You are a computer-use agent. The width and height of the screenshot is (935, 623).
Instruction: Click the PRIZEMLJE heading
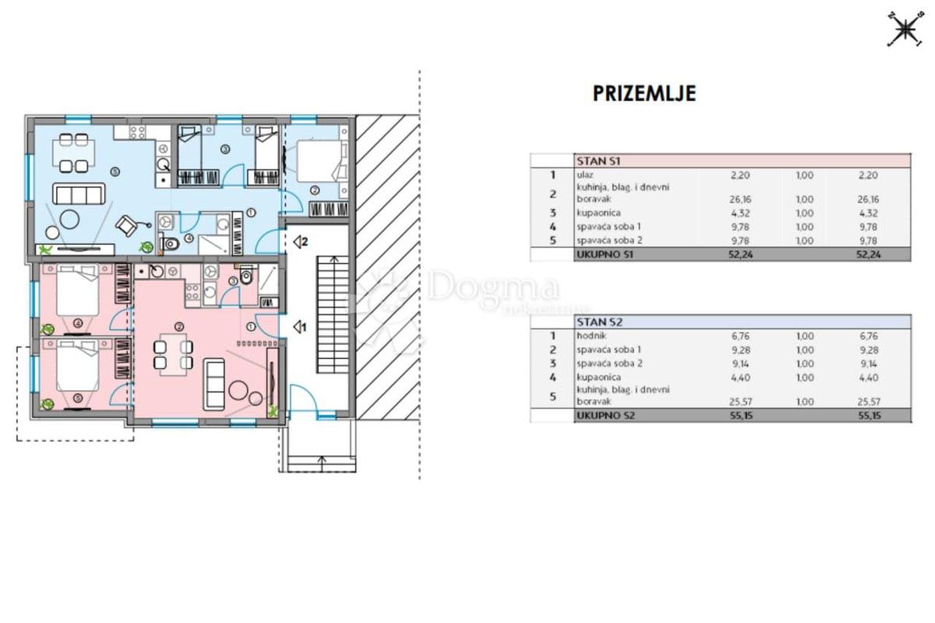point(644,94)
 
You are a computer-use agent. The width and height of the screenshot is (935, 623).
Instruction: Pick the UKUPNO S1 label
point(605,254)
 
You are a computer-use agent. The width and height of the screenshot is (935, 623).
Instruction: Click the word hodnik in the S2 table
point(591,335)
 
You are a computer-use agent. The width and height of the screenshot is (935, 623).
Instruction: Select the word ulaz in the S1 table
point(585,175)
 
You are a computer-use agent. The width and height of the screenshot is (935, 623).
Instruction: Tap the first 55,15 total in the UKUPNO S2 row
point(741,416)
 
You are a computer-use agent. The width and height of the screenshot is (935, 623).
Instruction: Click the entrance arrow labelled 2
point(300,242)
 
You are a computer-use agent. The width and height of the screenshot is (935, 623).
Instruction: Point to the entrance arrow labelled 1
point(300,327)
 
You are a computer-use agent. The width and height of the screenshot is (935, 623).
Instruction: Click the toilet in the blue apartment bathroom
point(168,242)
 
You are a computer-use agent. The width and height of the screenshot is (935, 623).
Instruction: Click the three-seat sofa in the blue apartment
point(79,194)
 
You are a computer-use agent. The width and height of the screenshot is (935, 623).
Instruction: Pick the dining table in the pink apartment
point(173,354)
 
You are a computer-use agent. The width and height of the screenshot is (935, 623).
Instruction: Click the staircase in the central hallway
point(333,315)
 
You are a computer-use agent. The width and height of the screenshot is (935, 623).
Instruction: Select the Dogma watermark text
point(494,288)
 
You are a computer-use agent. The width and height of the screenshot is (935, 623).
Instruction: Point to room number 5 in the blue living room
point(115,172)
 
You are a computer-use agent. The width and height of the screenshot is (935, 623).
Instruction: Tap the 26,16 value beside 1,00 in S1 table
point(740,200)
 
